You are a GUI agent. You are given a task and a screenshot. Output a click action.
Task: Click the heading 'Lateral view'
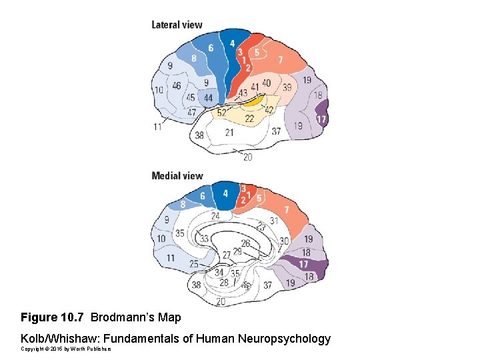[x=177, y=25]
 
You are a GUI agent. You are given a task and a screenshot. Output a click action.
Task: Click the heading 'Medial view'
[x=177, y=176]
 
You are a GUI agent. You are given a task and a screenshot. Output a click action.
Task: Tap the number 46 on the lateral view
[x=177, y=86]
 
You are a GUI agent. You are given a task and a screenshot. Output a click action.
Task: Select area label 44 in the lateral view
[x=209, y=98]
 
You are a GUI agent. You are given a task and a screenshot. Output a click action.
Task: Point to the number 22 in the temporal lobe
[x=249, y=118]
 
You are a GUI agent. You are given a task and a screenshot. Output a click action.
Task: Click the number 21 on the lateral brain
[x=229, y=133]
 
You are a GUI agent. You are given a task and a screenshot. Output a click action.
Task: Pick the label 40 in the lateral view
[x=266, y=83]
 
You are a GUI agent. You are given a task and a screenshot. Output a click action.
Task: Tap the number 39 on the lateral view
[x=287, y=87]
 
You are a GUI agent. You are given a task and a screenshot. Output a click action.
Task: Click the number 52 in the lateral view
[x=221, y=113]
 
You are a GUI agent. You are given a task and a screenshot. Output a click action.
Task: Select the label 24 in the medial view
[x=215, y=216]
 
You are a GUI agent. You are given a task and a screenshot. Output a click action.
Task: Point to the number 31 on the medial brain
[x=273, y=221]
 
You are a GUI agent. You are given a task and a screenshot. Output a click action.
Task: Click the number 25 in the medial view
[x=194, y=265]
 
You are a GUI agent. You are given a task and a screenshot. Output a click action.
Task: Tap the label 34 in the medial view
[x=219, y=272]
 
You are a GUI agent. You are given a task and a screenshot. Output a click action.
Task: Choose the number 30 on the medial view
[x=285, y=241]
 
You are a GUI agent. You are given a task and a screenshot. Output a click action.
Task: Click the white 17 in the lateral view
[x=321, y=119]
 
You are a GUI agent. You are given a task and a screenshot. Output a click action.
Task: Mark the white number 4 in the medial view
[x=225, y=194]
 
